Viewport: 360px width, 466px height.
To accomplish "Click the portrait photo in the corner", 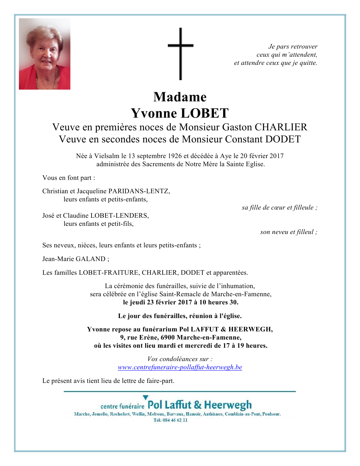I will click(45, 54).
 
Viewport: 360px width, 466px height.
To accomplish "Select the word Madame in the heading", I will click(180, 97).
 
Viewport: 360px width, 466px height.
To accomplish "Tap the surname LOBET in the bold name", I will click(205, 113).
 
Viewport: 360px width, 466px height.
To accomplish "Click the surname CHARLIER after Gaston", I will click(281, 127).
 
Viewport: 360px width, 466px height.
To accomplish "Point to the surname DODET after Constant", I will click(283, 139).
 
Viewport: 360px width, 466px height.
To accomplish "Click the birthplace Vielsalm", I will click(107, 156).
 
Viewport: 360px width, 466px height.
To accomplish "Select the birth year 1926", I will click(175, 156).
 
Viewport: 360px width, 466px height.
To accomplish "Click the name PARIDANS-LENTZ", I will click(139, 191).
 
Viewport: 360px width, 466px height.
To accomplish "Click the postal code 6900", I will click(168, 338).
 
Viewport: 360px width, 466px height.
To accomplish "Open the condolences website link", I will click(180, 367).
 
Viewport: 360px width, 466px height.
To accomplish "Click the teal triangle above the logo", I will click(146, 397).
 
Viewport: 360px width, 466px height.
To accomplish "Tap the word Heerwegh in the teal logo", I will click(228, 405).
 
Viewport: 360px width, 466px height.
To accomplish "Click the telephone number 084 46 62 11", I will click(175, 420).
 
